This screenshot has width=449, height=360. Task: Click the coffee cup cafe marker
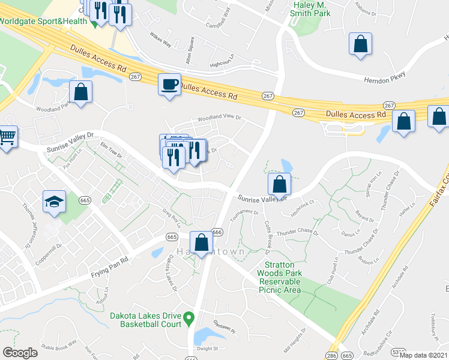coord(169,84)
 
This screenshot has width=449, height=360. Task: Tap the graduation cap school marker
coord(54,202)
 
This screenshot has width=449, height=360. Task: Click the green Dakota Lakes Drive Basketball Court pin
coord(188,317)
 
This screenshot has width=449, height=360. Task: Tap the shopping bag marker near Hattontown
coord(202,242)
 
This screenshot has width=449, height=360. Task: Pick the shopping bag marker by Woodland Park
coord(80,92)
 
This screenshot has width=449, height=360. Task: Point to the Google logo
coord(20,352)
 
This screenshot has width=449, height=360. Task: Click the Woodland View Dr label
coord(215,118)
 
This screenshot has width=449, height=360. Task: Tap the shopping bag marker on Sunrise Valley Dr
coord(279,184)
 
